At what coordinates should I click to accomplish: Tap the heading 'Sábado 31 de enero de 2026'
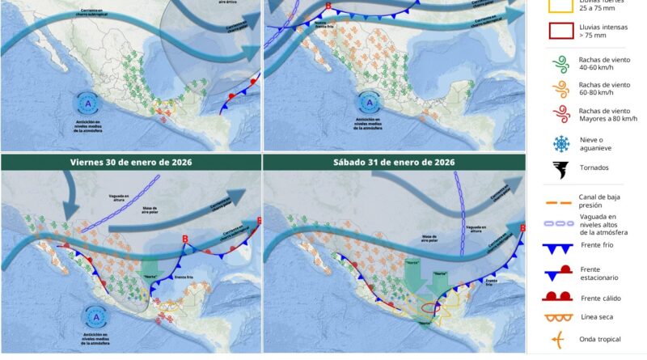pos(395,162)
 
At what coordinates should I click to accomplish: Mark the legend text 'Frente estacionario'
pos(606,273)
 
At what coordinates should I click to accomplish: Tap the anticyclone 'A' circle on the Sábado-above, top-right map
pos(370,104)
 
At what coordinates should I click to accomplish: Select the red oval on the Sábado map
pos(429,307)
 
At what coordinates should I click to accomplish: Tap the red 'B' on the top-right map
pos(328,7)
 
